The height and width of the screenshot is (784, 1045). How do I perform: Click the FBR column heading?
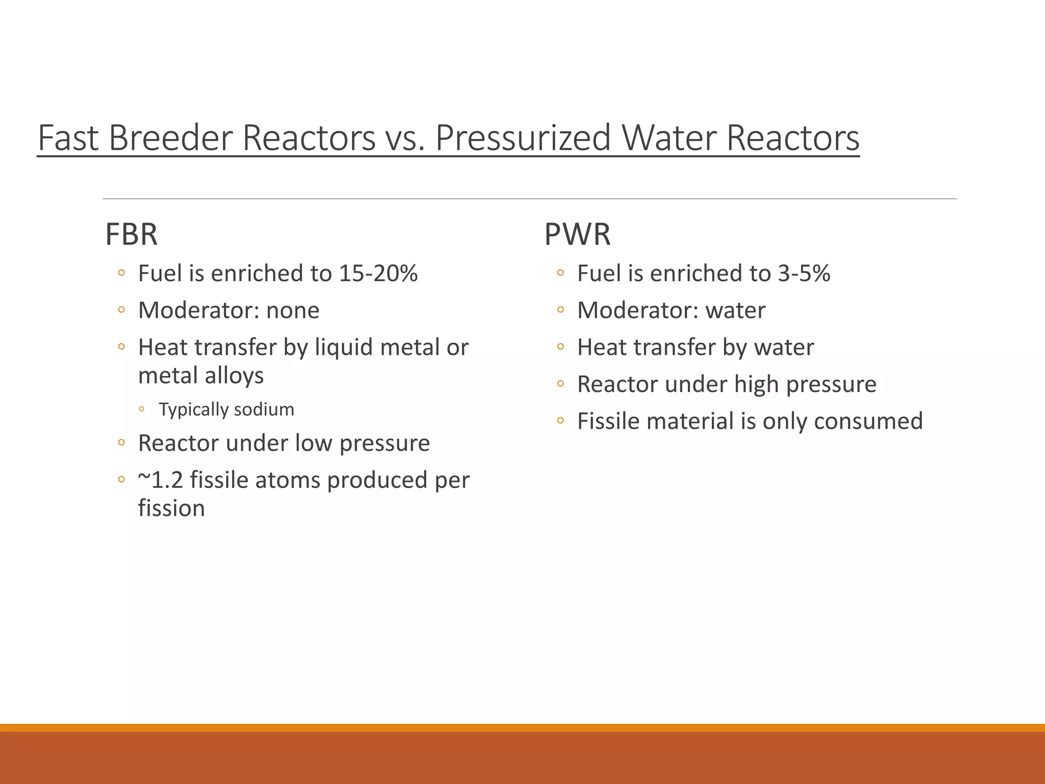pyautogui.click(x=131, y=234)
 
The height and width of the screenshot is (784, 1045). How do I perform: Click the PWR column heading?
pyautogui.click(x=577, y=234)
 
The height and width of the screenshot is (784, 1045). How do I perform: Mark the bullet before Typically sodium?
pyautogui.click(x=142, y=409)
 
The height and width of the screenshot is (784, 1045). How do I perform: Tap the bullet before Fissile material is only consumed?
pyautogui.click(x=560, y=421)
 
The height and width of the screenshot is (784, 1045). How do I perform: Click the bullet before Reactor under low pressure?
pyautogui.click(x=121, y=443)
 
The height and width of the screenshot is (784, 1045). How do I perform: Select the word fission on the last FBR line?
pyautogui.click(x=171, y=508)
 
